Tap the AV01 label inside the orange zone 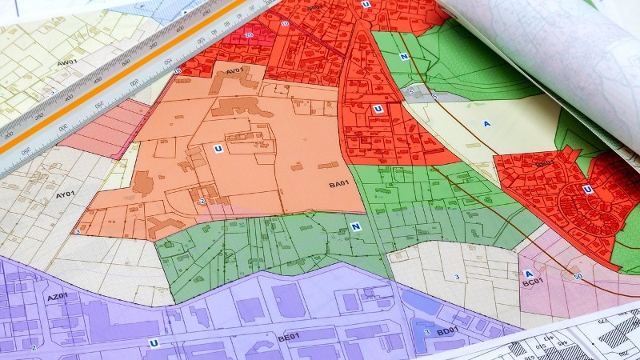coord(234,71)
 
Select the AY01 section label coord(65,193)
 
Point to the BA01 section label coord(339,185)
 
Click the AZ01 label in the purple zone coord(57,297)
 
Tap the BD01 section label coord(448,330)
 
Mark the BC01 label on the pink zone coord(533,282)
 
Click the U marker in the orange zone coord(217,147)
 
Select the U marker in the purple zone coord(153,343)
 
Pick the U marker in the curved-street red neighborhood coord(587,189)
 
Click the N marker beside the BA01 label coord(354,226)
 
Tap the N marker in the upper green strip coord(404,57)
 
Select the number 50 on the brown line coord(578,276)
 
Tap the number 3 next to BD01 coord(427,331)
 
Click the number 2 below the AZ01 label coord(34,348)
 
